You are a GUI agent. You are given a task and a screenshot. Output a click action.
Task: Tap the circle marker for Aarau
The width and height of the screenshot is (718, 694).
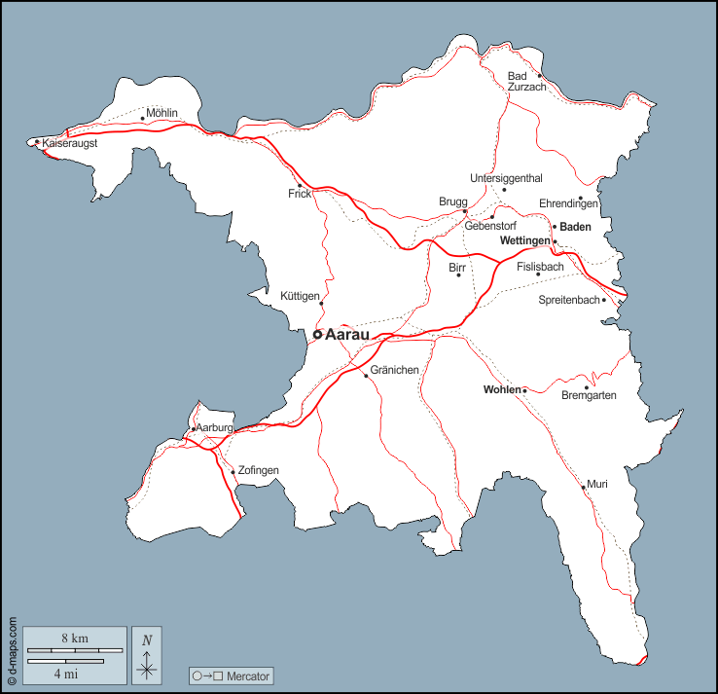pos(317,334)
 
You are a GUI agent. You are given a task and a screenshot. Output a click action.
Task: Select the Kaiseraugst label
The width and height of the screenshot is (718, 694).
pos(70,143)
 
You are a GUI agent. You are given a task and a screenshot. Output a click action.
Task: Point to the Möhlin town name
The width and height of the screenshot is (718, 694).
pos(163,112)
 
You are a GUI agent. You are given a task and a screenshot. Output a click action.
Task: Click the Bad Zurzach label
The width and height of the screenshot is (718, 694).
pos(526,82)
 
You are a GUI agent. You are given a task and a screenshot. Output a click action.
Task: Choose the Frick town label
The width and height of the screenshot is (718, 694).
pos(300,194)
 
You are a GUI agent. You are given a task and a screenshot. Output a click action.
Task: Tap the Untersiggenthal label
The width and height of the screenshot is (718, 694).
pos(506,178)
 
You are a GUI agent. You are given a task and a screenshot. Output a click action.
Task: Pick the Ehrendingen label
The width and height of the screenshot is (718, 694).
pos(568,203)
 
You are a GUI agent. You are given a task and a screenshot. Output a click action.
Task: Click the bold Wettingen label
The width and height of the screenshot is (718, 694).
pos(524,240)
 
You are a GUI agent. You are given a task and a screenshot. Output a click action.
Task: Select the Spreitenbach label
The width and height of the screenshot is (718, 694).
pos(569,300)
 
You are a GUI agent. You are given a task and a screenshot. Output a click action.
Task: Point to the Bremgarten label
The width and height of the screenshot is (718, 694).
pos(590,395)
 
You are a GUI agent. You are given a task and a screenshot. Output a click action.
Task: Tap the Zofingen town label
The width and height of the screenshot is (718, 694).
pos(259,471)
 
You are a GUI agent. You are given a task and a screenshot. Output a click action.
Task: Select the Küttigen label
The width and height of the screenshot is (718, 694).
pos(300,296)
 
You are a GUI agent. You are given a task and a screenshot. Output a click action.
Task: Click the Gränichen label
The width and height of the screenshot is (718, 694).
pos(395,370)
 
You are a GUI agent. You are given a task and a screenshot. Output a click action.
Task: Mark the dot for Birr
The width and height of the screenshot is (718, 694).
pos(459,275)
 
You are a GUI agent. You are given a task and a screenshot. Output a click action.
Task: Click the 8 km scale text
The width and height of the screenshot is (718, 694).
pos(75,638)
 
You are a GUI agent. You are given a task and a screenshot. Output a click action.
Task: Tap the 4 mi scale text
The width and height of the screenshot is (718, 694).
pos(65,673)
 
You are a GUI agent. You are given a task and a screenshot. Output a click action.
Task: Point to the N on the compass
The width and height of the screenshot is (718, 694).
pos(147,639)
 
